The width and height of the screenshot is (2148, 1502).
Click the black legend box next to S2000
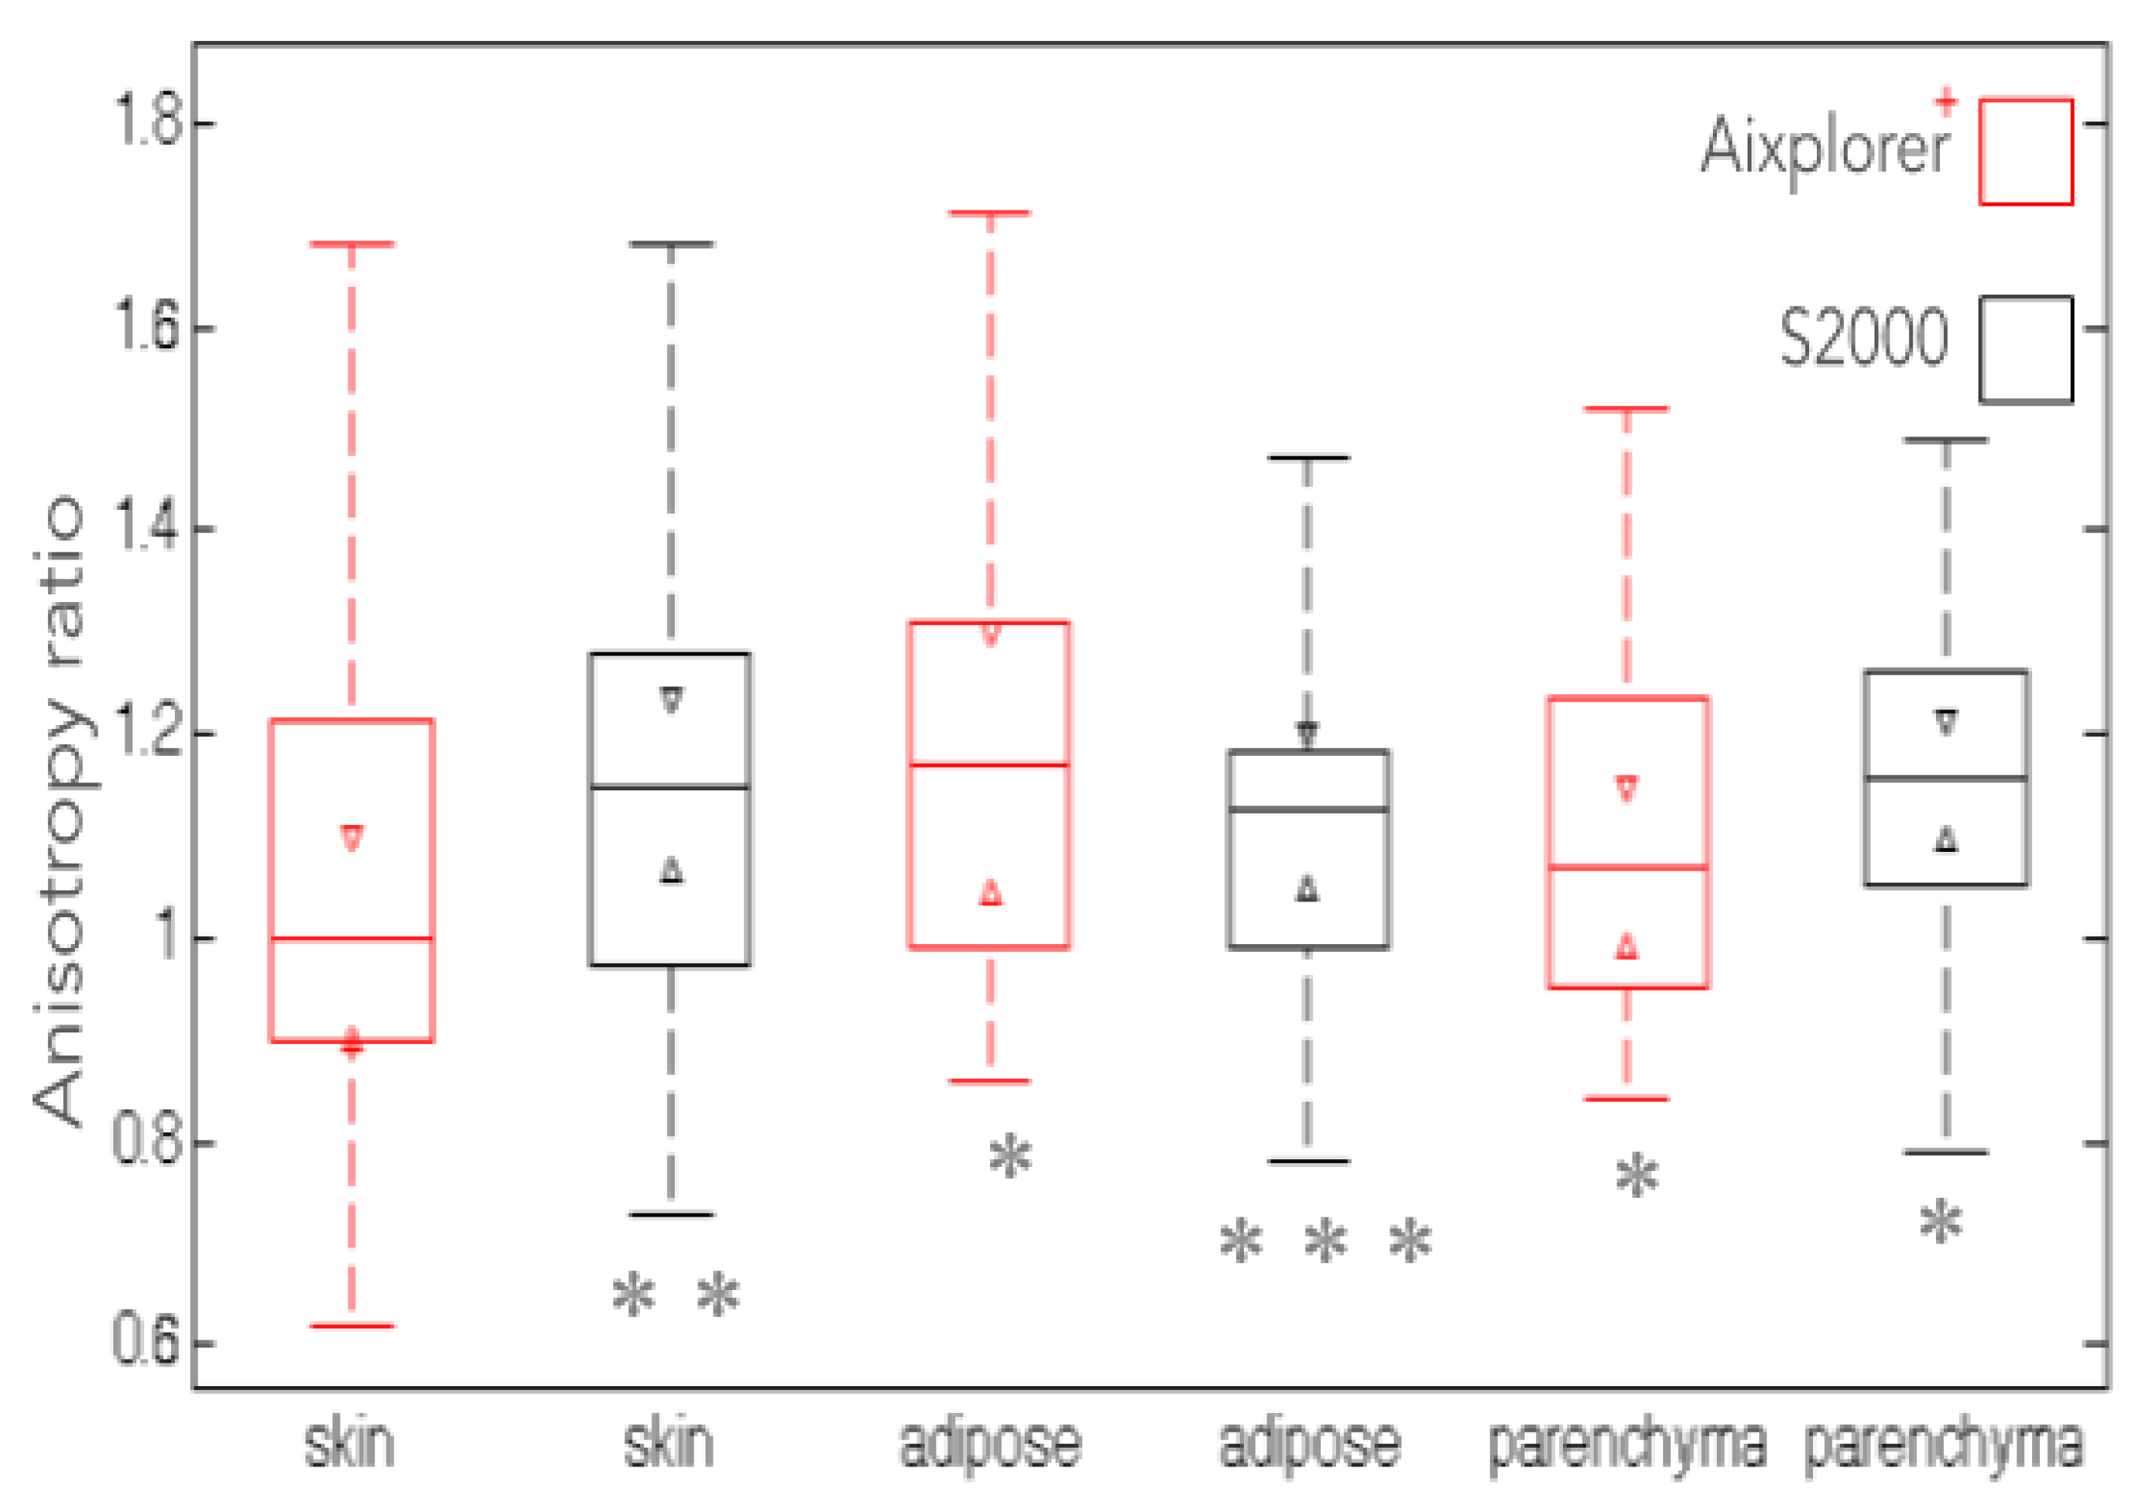pos(2026,349)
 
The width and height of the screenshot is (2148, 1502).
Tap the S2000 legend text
pos(1863,339)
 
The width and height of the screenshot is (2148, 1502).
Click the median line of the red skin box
pos(352,938)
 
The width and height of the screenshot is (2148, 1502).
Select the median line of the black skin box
pos(671,787)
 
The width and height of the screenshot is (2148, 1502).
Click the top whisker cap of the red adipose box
pos(990,214)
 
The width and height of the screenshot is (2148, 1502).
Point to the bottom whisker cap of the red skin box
pos(352,1325)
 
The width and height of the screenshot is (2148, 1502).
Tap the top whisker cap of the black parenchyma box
pos(1946,440)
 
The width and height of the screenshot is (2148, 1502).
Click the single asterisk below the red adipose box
pos(1011,1158)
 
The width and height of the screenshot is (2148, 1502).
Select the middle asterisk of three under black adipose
pos(1326,1243)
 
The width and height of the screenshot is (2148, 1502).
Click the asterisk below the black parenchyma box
pos(1941,1222)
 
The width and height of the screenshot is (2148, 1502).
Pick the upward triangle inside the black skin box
pos(672,871)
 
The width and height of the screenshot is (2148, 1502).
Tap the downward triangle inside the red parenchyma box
pos(1628,788)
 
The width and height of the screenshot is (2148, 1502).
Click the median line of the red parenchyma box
pos(1628,867)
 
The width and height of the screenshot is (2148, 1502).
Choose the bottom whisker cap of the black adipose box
pos(1308,1162)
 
